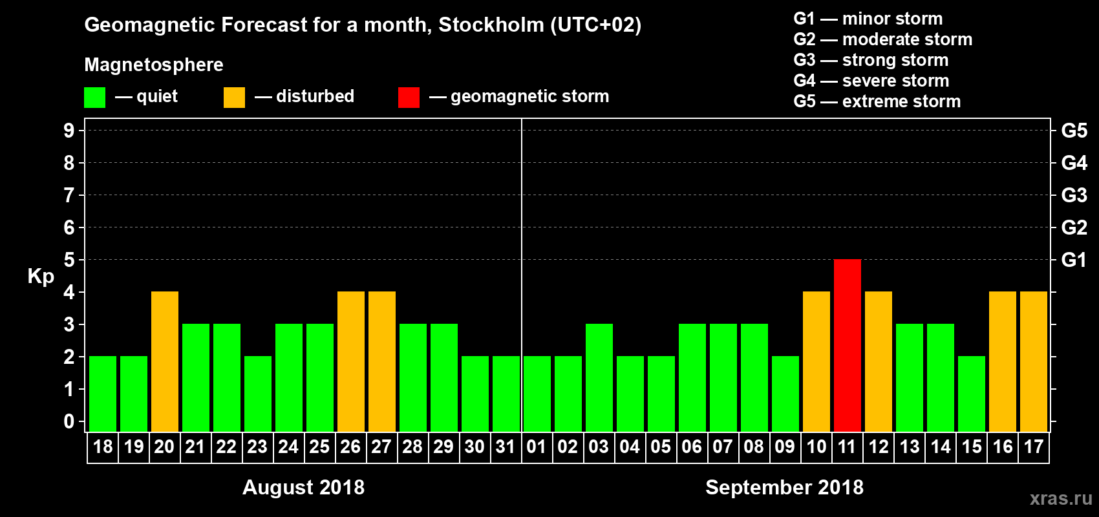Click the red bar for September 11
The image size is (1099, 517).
(847, 345)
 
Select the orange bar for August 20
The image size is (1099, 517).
(164, 361)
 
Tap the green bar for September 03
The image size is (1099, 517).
(599, 377)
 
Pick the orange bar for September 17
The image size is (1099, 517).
(1033, 361)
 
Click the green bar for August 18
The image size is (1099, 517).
(102, 394)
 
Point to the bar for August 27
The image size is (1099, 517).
(381, 361)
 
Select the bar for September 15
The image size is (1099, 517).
(971, 394)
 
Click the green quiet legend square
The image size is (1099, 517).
(94, 98)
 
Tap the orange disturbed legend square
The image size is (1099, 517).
(234, 98)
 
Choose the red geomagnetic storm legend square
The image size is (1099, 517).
(409, 98)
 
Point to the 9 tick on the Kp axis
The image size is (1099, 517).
(69, 131)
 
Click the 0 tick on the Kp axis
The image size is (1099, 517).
(69, 421)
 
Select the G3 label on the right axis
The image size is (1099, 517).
(1074, 195)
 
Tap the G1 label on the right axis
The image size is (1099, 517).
(1074, 260)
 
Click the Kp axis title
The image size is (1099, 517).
(41, 276)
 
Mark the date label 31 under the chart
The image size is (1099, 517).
(506, 447)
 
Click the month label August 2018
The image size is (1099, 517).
(303, 487)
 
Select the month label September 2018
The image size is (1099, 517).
(784, 487)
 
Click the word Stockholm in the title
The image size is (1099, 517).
(491, 25)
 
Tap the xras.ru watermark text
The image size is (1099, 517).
(1061, 498)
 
